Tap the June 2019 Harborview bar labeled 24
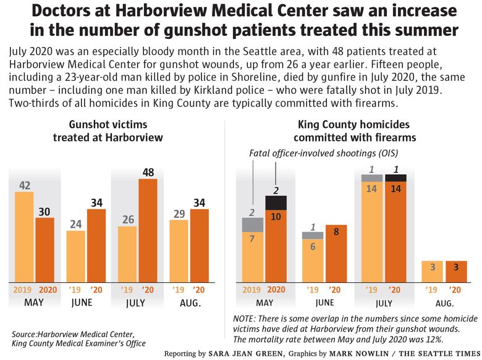[x=76, y=256]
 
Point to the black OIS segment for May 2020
[x=276, y=203]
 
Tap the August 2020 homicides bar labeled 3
[x=456, y=270]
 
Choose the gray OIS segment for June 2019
[x=313, y=235]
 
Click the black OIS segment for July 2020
[x=396, y=178]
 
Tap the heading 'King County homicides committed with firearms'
[x=355, y=131]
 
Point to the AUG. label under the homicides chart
[x=444, y=304]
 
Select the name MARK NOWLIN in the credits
[x=358, y=354]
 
